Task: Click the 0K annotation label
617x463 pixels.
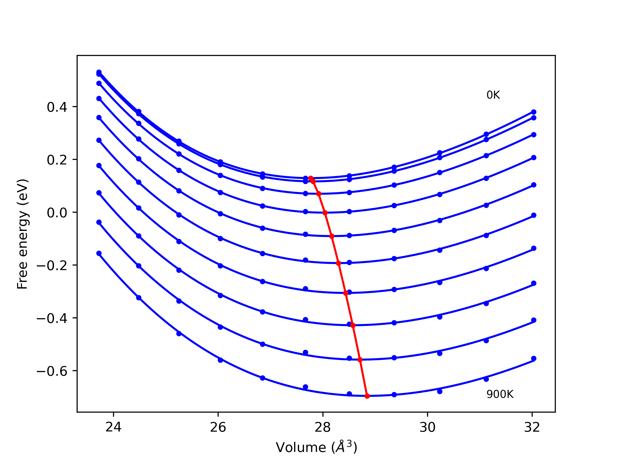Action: point(493,95)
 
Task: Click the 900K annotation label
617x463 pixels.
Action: point(500,394)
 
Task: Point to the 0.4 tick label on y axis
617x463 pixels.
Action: point(57,107)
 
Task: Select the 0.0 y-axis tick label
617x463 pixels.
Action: point(57,213)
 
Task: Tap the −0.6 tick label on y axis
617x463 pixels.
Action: point(52,371)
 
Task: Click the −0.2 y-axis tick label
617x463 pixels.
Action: point(52,266)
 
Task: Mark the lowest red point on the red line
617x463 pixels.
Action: point(367,396)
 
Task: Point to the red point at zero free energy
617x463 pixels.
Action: point(325,213)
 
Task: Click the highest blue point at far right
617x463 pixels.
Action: point(534,112)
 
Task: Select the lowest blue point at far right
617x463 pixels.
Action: point(534,359)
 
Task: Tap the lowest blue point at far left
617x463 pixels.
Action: point(99,253)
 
